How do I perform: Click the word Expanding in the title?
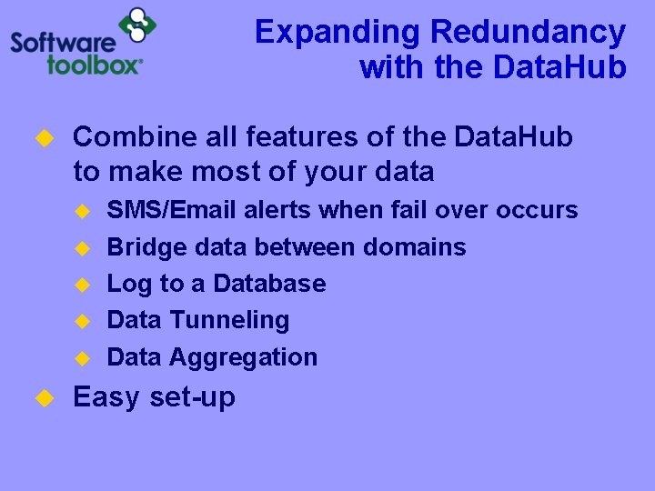click(337, 32)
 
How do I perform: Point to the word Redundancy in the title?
click(529, 32)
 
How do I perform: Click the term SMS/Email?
click(174, 210)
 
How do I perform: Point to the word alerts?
click(281, 210)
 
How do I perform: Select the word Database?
click(269, 283)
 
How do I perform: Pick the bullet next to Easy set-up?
click(42, 397)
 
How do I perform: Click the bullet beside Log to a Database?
click(81, 284)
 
